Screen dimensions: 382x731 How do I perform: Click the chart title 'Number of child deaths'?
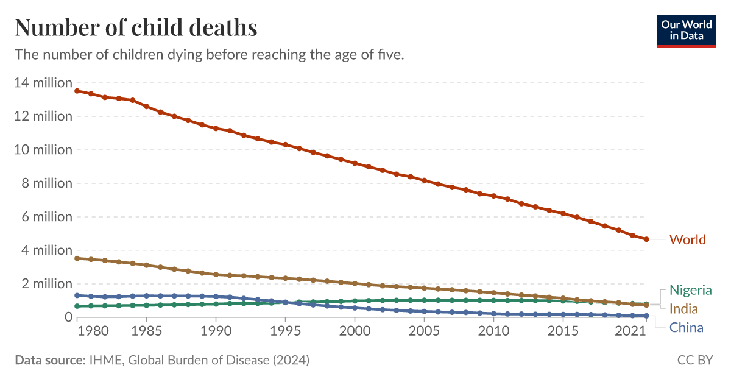(136, 28)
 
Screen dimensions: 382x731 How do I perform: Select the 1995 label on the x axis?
(283, 331)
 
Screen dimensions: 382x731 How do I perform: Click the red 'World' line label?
(688, 239)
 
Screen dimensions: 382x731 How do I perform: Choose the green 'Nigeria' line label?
(690, 290)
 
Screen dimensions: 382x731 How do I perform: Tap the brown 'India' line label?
(683, 308)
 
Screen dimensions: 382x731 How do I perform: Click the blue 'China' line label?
(686, 328)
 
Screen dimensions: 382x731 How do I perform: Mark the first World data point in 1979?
(77, 91)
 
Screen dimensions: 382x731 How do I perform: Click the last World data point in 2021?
(646, 239)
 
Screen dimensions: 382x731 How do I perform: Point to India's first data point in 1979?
(77, 258)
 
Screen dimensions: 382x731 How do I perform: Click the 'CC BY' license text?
(695, 360)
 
